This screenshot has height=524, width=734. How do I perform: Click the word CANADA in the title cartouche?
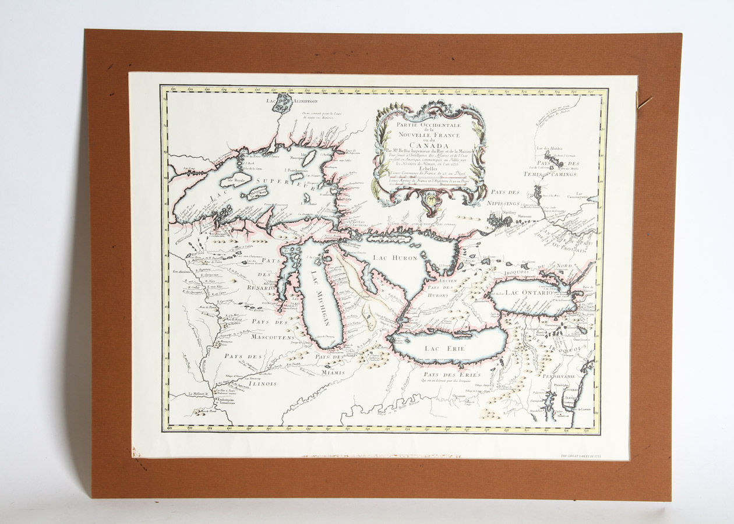(429, 146)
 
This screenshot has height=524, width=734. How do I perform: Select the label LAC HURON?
(397, 259)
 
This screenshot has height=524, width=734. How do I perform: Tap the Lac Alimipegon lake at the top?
(284, 103)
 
